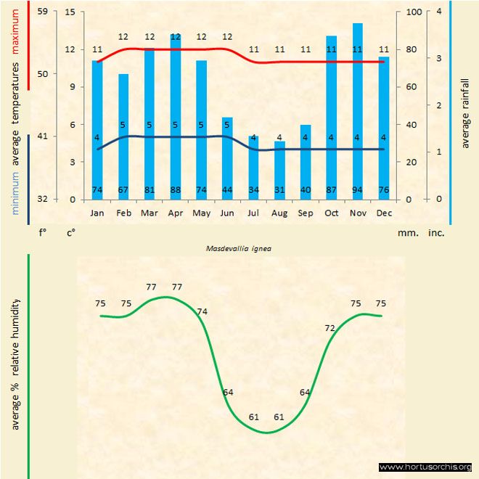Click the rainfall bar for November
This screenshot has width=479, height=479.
(357, 116)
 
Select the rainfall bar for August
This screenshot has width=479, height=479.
(279, 170)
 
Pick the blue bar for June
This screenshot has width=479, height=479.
(227, 160)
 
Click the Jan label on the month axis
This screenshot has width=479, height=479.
(97, 213)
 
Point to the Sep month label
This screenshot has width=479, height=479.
(306, 213)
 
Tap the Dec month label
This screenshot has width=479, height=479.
(383, 213)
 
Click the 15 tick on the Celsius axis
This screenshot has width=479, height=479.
(70, 12)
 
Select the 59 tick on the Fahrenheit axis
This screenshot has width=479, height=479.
(42, 12)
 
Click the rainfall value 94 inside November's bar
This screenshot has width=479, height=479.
(357, 191)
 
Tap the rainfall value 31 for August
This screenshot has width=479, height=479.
(279, 191)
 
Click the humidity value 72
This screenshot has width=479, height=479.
(330, 329)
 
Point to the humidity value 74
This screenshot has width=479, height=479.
(202, 311)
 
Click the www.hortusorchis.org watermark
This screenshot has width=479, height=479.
(425, 467)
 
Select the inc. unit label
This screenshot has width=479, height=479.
(435, 233)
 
